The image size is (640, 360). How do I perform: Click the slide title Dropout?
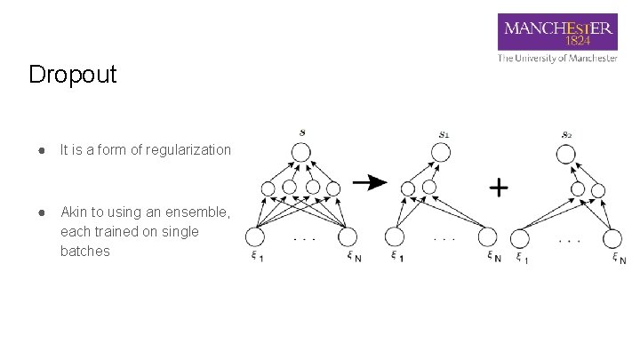point(72,75)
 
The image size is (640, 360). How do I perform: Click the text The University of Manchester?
point(557,59)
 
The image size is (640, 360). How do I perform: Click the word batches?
point(85,252)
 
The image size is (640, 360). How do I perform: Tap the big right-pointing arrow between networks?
point(370,182)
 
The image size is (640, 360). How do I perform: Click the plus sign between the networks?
point(500,188)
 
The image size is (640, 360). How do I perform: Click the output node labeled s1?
point(440,153)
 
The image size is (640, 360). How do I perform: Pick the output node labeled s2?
point(566,153)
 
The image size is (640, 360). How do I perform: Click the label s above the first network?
point(302,133)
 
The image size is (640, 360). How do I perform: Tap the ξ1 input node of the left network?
point(256,237)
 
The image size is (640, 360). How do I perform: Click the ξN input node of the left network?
point(347,237)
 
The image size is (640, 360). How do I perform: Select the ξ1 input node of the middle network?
point(395,237)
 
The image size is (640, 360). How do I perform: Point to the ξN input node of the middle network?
point(486,237)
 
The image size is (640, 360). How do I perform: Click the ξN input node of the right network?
point(612,237)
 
